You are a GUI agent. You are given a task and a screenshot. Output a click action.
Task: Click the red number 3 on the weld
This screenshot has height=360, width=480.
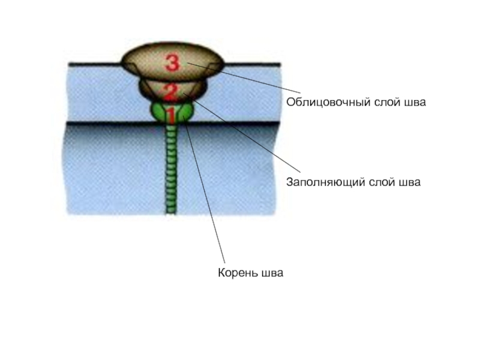(x=172, y=62)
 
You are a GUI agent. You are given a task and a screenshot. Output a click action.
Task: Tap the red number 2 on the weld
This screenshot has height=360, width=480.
(x=170, y=92)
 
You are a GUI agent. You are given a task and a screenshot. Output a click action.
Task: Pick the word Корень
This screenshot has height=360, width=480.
(x=238, y=274)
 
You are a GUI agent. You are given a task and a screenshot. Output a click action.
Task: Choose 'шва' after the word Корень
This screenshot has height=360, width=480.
(x=271, y=274)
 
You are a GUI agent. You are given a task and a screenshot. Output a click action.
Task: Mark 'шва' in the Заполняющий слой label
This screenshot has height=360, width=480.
(x=408, y=181)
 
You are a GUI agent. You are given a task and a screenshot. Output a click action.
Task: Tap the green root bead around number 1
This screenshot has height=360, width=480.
(x=158, y=111)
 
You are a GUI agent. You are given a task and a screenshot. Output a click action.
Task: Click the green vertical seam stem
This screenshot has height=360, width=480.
(x=171, y=168)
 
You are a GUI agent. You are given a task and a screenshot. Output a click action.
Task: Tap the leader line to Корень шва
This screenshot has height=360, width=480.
(x=207, y=192)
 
